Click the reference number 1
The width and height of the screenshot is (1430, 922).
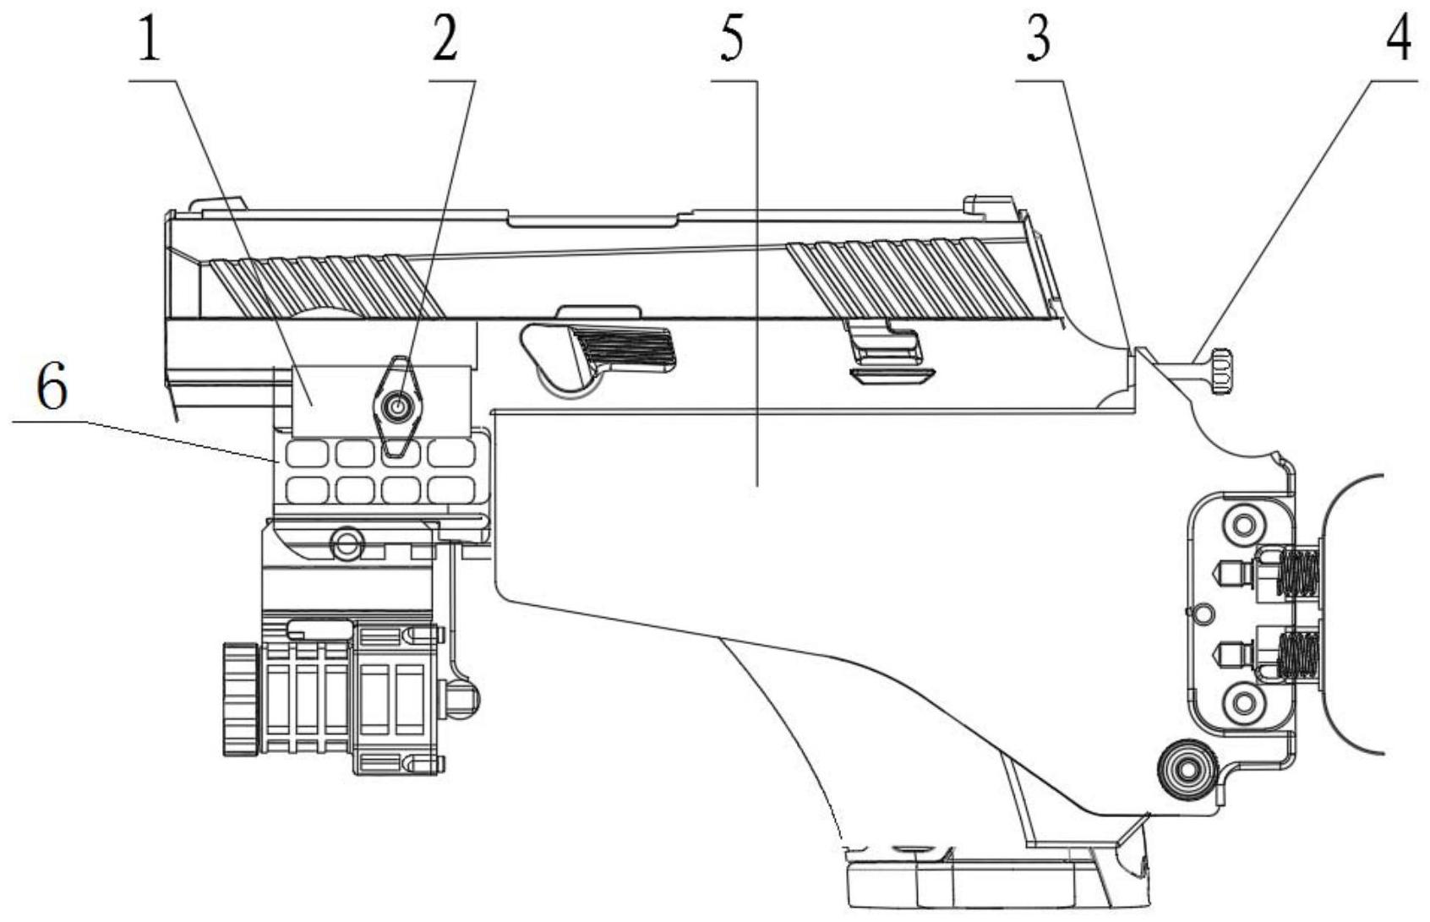coord(149,41)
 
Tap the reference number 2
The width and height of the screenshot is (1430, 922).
coord(445,41)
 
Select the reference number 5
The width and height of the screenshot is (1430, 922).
coord(732,41)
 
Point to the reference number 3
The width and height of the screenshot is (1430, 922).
coord(1038,39)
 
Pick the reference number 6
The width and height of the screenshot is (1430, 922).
coord(52,389)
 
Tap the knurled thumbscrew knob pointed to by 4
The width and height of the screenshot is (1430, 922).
coord(1218,370)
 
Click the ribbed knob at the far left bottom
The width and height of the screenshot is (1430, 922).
coord(240,698)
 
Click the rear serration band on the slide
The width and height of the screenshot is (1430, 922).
coord(921,279)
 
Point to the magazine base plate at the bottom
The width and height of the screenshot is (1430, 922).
coord(997,883)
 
